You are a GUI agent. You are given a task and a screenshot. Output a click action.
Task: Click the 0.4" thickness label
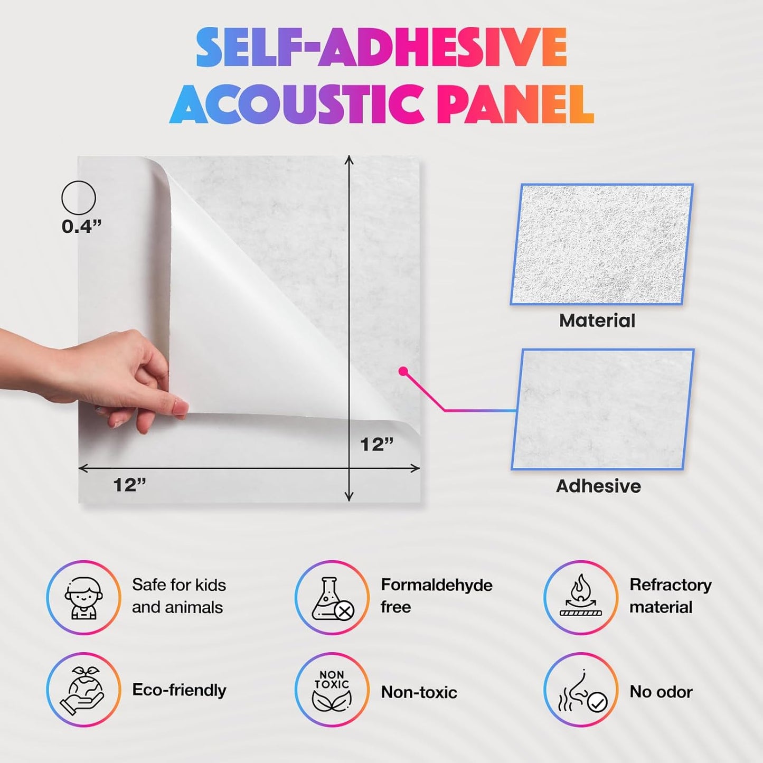[x=81, y=227]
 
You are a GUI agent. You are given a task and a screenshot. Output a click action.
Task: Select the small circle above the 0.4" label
[x=79, y=198]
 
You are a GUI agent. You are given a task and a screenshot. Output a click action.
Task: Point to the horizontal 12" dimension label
[x=129, y=485]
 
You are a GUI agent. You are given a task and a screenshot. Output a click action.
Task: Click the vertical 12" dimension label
[x=376, y=445]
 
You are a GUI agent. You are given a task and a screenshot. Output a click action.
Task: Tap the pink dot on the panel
[x=403, y=371]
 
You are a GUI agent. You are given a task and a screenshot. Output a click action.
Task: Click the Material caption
[x=597, y=321]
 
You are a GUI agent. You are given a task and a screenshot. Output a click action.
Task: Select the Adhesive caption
[x=598, y=486]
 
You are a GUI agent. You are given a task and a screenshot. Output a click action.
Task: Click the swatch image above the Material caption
[x=601, y=244]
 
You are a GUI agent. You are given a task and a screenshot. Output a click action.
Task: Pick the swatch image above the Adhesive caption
[x=602, y=409]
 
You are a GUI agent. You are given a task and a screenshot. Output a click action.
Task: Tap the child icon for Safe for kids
[x=83, y=597]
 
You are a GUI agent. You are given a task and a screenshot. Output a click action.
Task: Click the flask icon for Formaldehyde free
[x=332, y=598]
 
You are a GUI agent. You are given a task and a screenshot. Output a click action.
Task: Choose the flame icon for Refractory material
[x=581, y=597]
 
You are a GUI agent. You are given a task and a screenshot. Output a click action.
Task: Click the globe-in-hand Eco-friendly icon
[x=83, y=690]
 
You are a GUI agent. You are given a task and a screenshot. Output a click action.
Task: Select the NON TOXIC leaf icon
[x=332, y=690]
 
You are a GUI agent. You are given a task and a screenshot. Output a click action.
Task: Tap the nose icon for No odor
[x=581, y=690]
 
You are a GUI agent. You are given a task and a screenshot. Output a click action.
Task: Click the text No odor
[x=661, y=692]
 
